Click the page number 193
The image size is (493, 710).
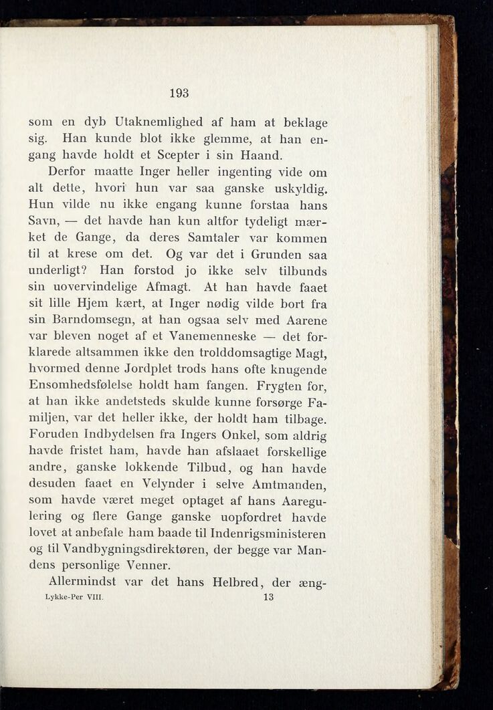179,93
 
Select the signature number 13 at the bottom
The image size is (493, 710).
269,597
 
